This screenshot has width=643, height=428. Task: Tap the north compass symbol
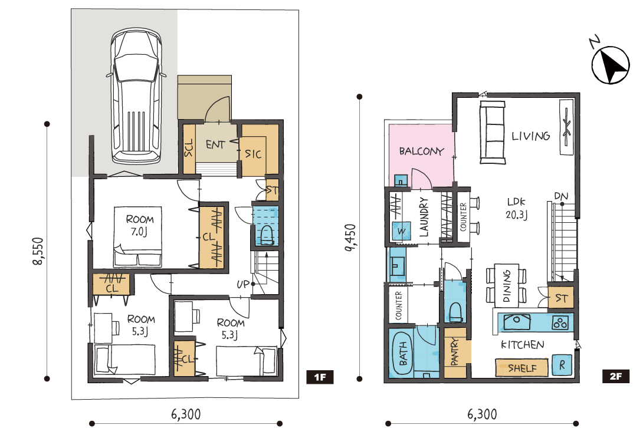(x=610, y=65)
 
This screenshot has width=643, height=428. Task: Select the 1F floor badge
(x=320, y=377)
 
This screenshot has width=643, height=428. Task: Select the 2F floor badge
(x=615, y=376)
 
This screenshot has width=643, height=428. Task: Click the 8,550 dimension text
(x=38, y=251)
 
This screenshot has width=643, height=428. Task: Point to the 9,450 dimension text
(x=350, y=238)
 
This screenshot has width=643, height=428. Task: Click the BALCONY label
(x=422, y=152)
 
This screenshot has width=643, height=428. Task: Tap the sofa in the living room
(x=493, y=133)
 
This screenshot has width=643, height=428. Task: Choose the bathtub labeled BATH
(x=402, y=353)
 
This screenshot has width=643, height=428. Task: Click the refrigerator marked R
(x=562, y=364)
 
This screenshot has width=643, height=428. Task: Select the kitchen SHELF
(x=521, y=368)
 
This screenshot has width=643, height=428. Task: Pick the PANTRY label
(x=454, y=352)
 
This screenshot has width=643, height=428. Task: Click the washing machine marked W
(x=401, y=231)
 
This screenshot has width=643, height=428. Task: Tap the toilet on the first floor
(x=267, y=235)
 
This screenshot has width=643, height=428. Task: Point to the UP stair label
(x=243, y=284)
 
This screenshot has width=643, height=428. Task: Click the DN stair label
(x=561, y=197)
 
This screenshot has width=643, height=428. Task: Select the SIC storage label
(x=253, y=154)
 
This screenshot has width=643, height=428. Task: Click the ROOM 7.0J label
(x=139, y=225)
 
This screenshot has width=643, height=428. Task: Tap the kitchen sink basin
(x=517, y=321)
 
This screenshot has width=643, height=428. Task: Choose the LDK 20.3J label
(x=516, y=208)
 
